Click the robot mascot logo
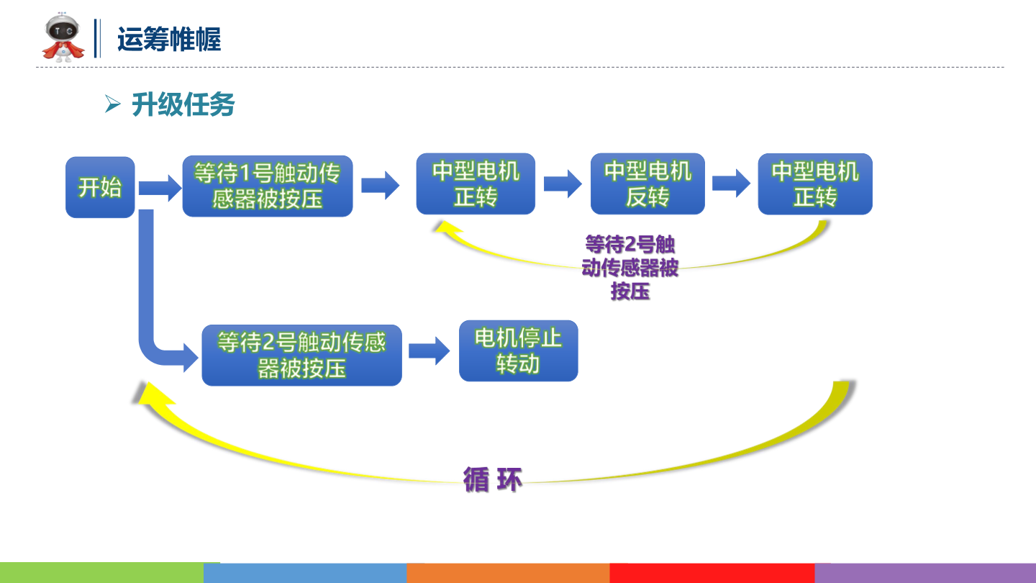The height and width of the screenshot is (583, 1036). (63, 37)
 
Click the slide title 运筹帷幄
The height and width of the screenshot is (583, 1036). (169, 39)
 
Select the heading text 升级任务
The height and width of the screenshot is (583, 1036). (183, 105)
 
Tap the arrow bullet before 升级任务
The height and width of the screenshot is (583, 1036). (112, 104)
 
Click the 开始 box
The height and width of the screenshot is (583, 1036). (100, 187)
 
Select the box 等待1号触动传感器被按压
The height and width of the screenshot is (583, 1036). (267, 186)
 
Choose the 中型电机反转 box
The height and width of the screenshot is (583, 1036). (647, 184)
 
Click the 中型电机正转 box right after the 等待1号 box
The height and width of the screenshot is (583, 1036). (476, 184)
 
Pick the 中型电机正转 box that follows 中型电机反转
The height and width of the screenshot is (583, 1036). (815, 184)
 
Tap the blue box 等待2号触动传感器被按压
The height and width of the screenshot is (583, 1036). (301, 355)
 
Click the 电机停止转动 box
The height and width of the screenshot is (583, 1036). (518, 351)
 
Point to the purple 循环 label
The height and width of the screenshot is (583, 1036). (493, 479)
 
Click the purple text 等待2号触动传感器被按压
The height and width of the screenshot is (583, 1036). (630, 267)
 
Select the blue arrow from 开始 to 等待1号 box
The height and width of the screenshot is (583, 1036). (159, 189)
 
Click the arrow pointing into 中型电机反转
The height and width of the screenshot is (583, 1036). (563, 184)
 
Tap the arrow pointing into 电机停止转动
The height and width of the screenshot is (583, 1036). (430, 351)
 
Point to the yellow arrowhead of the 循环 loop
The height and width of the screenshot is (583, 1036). (147, 397)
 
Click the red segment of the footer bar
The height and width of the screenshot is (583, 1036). (712, 573)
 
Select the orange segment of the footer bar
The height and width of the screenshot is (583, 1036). (508, 573)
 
